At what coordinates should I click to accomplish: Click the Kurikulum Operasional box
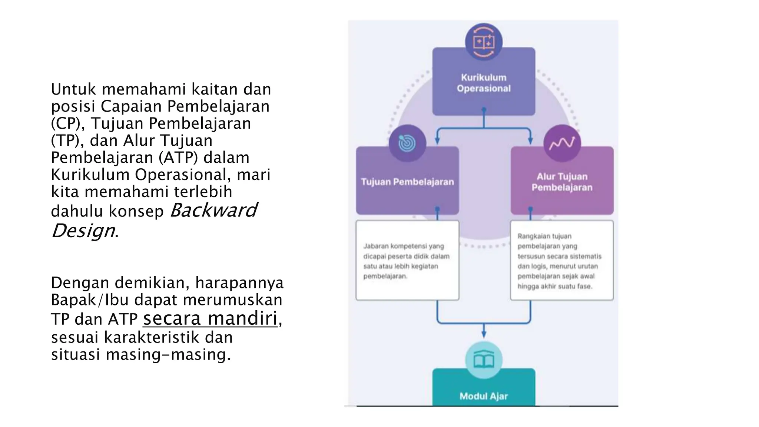click(484, 82)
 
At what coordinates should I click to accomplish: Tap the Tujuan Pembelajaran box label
click(407, 182)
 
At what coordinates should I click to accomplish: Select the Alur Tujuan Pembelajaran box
click(562, 181)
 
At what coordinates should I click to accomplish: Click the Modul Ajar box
click(484, 387)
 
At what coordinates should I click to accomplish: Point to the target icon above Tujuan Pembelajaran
click(407, 143)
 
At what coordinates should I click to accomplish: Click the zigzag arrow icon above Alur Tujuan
click(562, 143)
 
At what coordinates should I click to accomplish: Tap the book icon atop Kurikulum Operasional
click(484, 42)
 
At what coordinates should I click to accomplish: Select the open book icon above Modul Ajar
click(484, 360)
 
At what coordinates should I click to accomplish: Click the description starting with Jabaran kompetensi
click(407, 261)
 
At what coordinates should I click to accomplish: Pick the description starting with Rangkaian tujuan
click(560, 261)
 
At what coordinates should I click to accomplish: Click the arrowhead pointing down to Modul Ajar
click(484, 334)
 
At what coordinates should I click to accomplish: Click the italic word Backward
click(213, 210)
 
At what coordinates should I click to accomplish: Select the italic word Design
click(83, 231)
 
